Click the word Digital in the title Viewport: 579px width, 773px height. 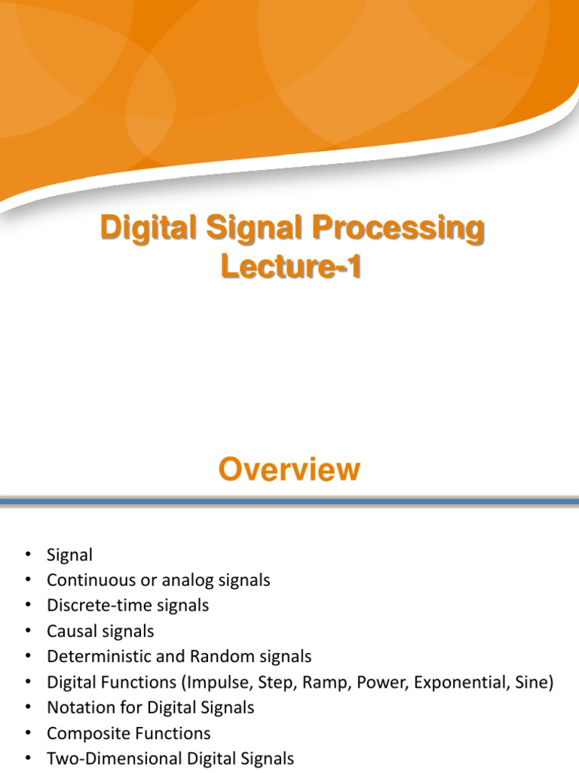coord(141,229)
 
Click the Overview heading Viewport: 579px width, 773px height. coord(289,470)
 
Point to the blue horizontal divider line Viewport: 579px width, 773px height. coord(289,501)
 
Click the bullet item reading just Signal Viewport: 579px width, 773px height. coord(69,555)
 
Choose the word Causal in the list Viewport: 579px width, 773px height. coord(70,631)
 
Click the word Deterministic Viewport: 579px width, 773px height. coord(96,657)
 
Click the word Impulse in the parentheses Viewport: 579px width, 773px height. coord(225,682)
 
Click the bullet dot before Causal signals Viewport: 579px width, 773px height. coord(29,631)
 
